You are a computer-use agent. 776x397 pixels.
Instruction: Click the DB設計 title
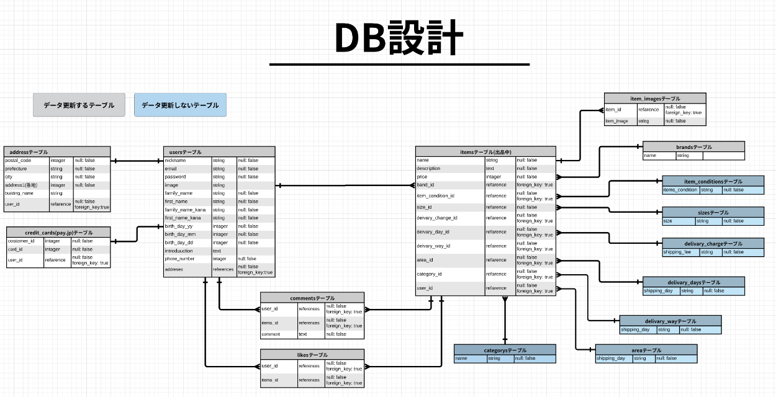(399, 38)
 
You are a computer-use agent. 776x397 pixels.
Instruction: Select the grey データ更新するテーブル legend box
(79, 105)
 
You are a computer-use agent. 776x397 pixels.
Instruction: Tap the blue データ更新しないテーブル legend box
(180, 105)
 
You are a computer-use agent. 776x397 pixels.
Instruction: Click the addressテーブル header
(56, 151)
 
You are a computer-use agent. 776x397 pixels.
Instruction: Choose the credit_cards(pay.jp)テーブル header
(58, 232)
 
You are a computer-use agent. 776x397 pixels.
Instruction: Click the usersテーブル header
(219, 151)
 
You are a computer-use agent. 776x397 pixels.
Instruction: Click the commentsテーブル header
(312, 298)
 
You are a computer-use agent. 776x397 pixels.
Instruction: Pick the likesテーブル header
(312, 355)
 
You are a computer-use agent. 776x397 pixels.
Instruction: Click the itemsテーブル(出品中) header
(485, 151)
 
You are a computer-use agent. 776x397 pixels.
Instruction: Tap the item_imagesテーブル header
(655, 98)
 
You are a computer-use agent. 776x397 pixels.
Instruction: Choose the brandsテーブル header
(693, 147)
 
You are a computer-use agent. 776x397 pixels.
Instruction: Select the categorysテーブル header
(505, 350)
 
